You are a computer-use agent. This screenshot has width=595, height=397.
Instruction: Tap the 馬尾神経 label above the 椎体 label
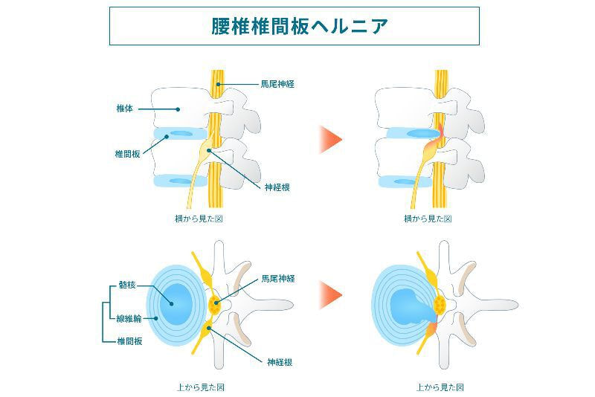pyautogui.click(x=279, y=84)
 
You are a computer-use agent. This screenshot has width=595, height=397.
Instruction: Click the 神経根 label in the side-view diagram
pyautogui.click(x=277, y=187)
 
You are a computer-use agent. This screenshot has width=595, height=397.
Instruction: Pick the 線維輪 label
pyautogui.click(x=130, y=318)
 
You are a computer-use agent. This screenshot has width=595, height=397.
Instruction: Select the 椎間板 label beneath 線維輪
pyautogui.click(x=130, y=341)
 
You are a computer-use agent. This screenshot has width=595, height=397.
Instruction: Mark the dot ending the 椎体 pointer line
pyautogui.click(x=178, y=109)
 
